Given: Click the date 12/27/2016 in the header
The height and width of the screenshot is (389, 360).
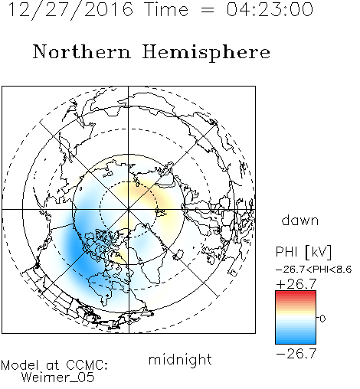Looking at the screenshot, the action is (x=70, y=10).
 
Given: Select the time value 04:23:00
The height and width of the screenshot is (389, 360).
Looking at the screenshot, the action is (x=270, y=9).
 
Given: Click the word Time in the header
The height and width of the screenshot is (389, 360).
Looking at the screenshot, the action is (x=166, y=9).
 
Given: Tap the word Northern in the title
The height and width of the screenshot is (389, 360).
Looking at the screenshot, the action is (x=82, y=51).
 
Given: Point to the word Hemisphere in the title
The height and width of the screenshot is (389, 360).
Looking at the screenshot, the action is (x=206, y=53).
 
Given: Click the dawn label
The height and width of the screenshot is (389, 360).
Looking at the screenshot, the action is (x=300, y=220).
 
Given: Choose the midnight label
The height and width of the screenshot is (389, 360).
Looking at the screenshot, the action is (x=180, y=359).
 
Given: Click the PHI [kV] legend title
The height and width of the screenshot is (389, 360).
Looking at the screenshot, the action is (x=303, y=252).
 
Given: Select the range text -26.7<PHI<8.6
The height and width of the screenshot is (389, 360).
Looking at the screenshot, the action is (x=314, y=270).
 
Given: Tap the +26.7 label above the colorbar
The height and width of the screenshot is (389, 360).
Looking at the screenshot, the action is (x=296, y=284).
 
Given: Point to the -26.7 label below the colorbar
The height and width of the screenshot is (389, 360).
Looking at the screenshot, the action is (x=296, y=354).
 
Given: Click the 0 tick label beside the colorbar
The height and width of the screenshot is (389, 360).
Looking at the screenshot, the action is (x=322, y=319).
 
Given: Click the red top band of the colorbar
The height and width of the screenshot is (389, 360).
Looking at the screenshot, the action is (x=296, y=294).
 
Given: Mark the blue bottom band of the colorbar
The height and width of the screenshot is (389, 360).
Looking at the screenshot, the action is (x=296, y=341).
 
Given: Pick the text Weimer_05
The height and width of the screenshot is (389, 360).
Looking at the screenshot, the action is (x=58, y=378).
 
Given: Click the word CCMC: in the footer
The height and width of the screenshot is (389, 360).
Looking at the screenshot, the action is (x=87, y=364).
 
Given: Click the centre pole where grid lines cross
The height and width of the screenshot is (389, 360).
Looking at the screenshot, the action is (x=129, y=210).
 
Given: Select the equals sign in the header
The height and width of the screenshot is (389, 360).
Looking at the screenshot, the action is (x=208, y=10).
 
